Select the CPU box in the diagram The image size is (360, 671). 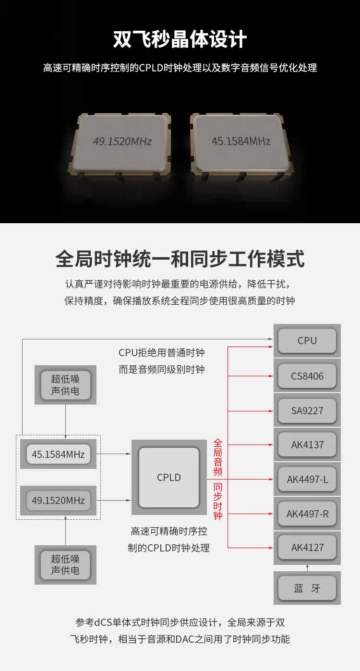pos(307,341)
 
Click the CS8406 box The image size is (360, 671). pos(307,376)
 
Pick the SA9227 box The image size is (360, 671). pos(307,410)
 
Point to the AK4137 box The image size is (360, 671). pos(307,444)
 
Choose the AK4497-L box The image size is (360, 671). pos(307,479)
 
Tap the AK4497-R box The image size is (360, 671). pos(307,514)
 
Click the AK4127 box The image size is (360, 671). pos(307,548)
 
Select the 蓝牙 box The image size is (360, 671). pos(307,588)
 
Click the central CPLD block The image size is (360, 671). pos(169,478)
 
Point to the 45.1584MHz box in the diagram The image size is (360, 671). pos(58,454)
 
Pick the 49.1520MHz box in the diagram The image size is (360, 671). pos(58,501)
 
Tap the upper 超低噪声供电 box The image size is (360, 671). pos(65,384)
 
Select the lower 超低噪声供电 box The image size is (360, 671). pos(65,564)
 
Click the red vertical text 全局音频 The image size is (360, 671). pos(218,456)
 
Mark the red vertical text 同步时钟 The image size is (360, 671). pos(218,502)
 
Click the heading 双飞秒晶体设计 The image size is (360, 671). pos(180,39)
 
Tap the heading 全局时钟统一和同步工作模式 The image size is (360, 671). pos(180,259)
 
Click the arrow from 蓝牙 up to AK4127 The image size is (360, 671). pos(307,568)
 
